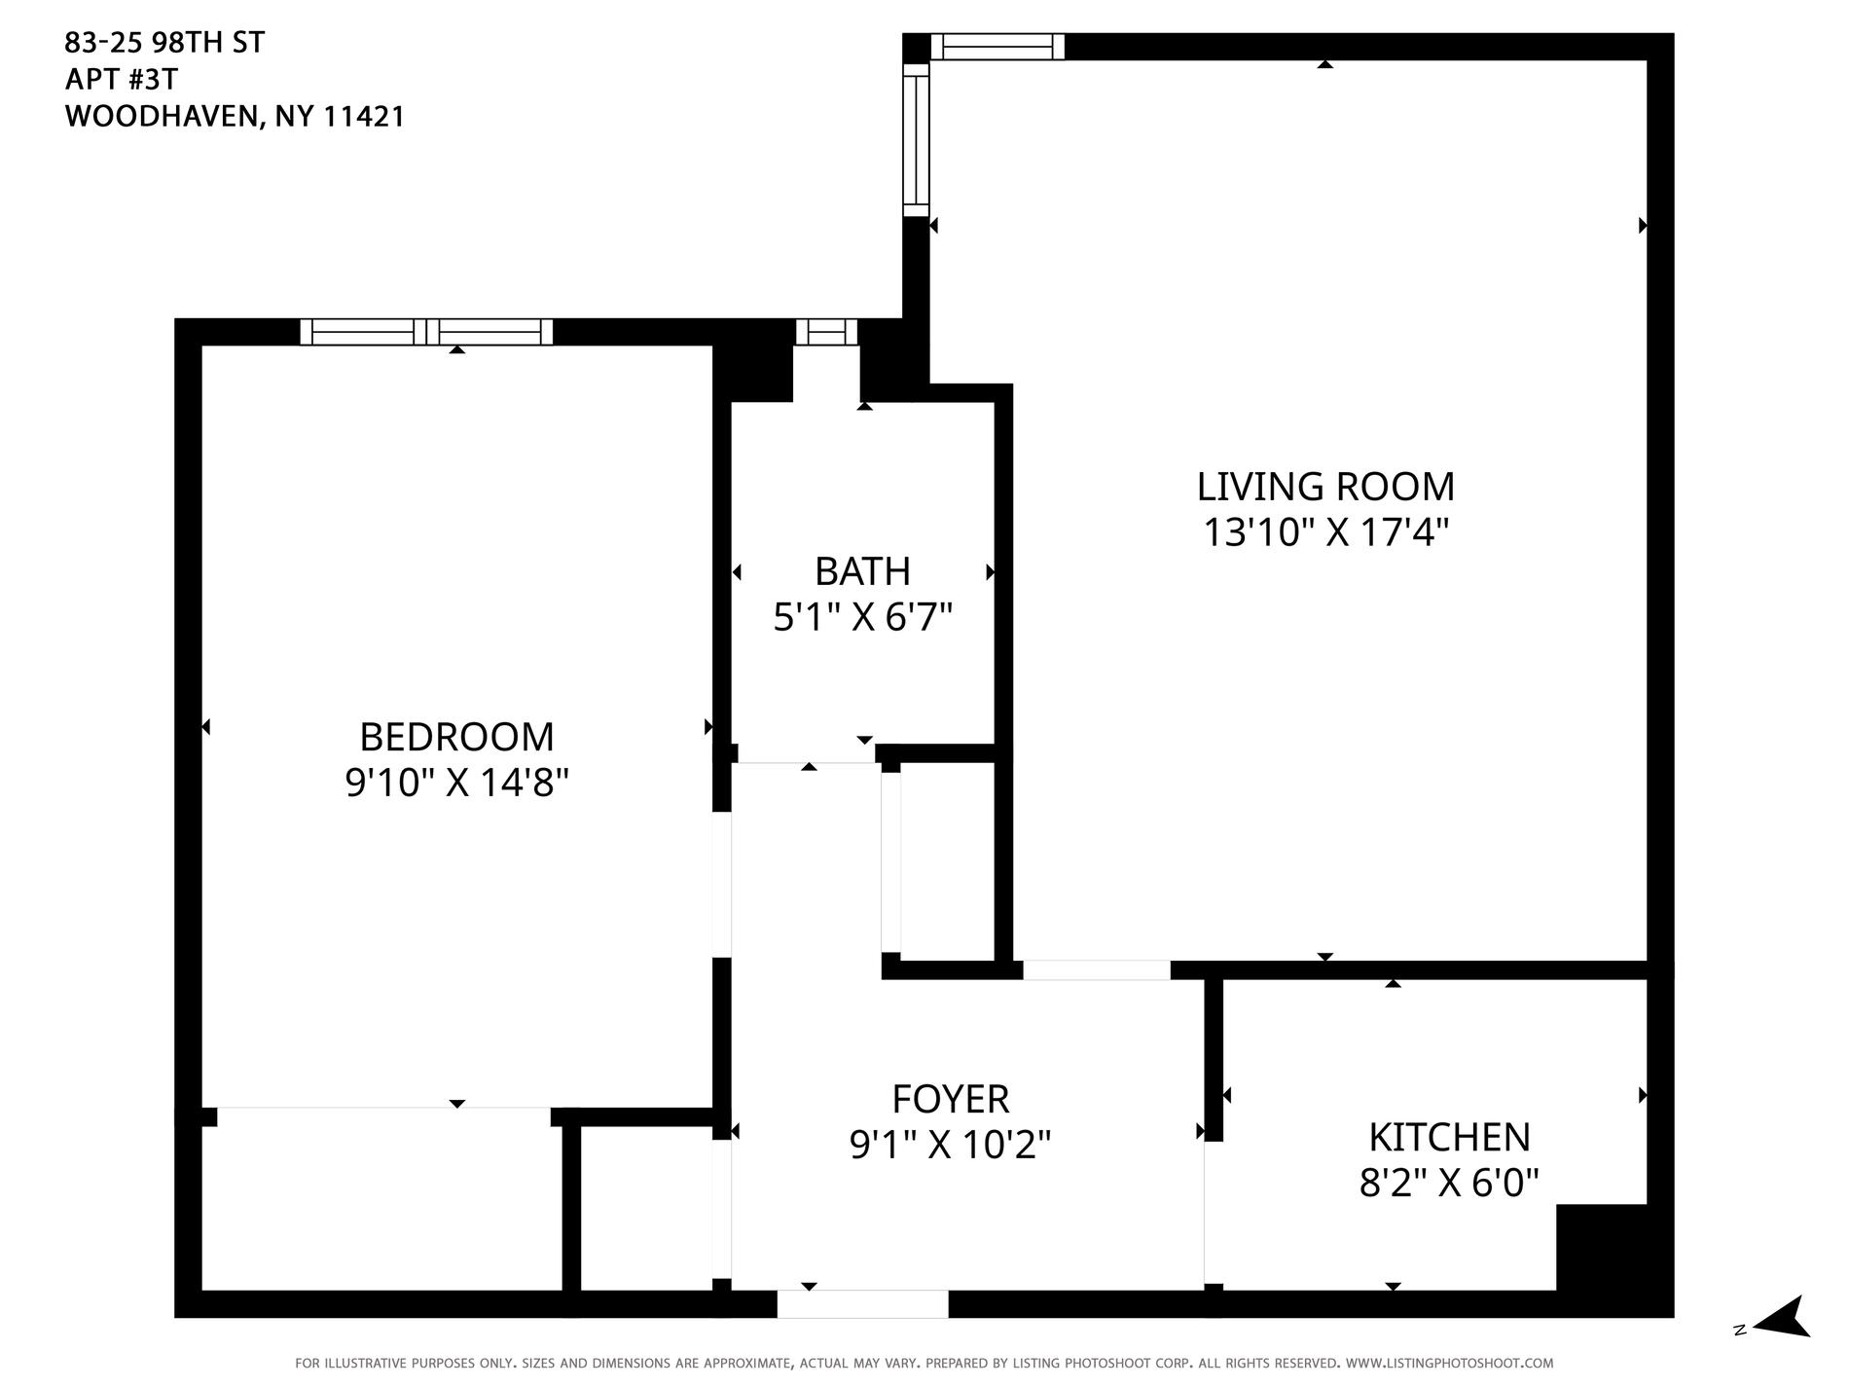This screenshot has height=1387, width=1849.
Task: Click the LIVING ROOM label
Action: [1325, 486]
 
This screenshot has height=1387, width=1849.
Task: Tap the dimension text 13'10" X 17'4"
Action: [1325, 532]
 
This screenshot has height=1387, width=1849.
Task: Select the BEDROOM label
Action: [456, 737]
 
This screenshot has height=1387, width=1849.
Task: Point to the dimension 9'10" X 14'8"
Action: [456, 783]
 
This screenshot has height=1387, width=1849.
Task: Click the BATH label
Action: [862, 571]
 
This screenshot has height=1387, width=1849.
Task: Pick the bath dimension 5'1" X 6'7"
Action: [862, 617]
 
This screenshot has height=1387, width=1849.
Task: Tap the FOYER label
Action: [951, 1099]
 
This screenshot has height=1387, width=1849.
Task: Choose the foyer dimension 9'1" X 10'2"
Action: [951, 1145]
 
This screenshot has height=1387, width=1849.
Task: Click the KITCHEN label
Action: [1449, 1137]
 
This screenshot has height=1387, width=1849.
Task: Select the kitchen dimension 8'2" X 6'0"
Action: [1449, 1183]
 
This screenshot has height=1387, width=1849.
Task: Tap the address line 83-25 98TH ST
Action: [164, 43]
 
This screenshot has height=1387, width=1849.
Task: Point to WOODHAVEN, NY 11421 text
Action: [235, 117]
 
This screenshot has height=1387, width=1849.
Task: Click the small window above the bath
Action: [826, 332]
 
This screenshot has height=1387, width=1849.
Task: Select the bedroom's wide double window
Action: [426, 332]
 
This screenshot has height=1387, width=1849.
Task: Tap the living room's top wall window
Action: [997, 47]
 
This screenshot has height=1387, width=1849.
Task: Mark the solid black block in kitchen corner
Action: [1601, 1249]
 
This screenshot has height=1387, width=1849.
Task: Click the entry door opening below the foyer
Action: [862, 1303]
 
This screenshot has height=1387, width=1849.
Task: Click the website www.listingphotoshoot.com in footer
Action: [1449, 1364]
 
